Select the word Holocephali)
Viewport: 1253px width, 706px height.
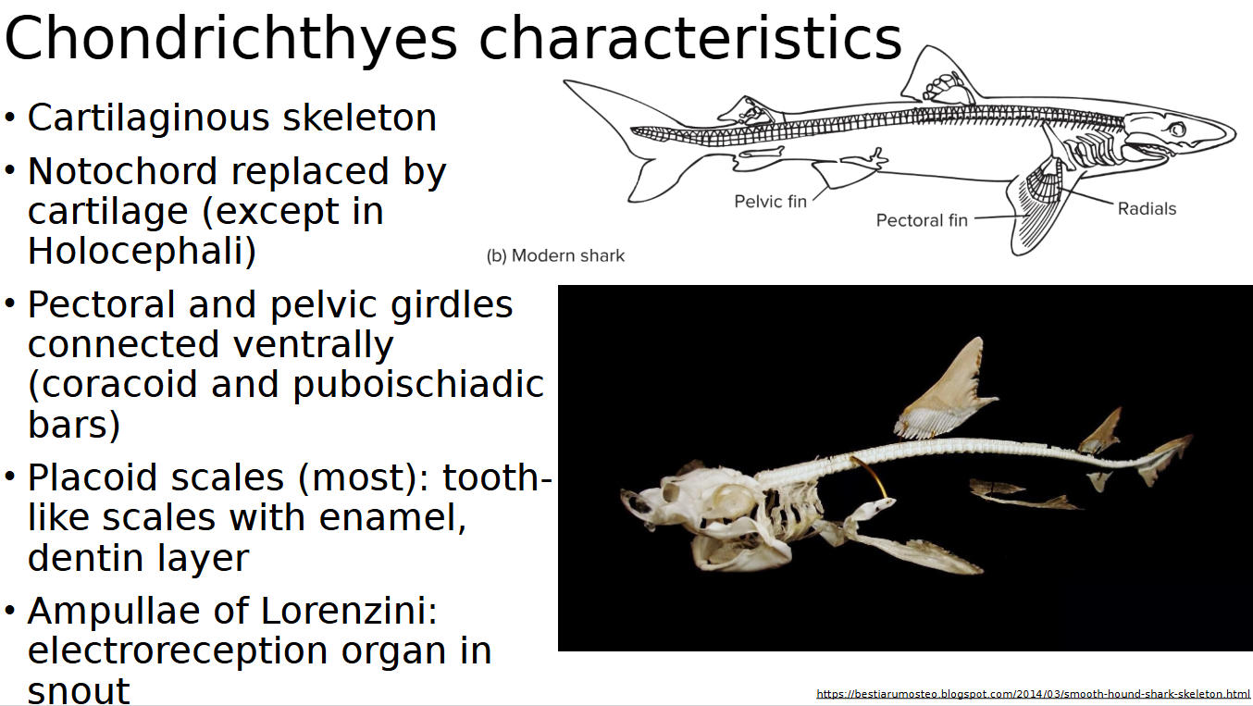coord(142,252)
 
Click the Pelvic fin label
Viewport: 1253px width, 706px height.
coord(770,201)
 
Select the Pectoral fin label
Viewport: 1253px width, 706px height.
coord(922,220)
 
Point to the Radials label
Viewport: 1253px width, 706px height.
coord(1147,209)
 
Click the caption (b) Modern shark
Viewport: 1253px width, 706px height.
coord(555,255)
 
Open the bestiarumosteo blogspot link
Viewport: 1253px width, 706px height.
coord(1033,694)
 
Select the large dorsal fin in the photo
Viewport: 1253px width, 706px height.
coord(944,389)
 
